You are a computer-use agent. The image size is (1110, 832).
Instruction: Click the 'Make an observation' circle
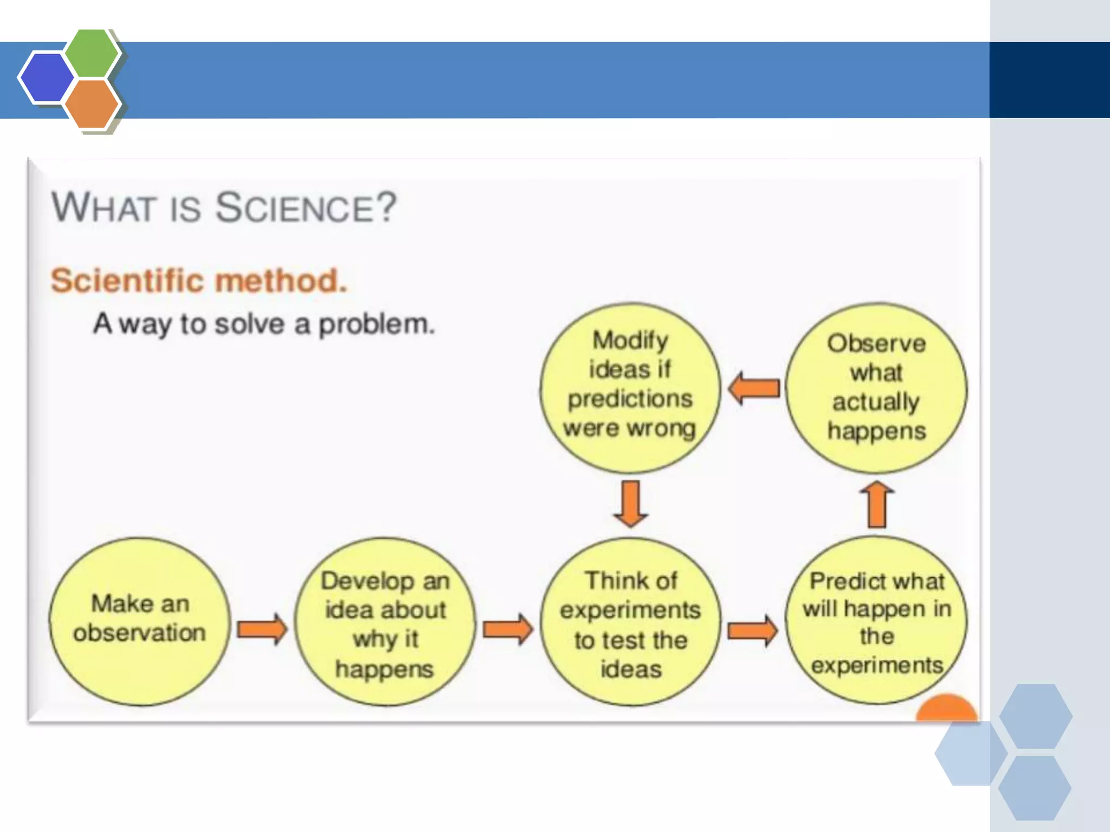(139, 621)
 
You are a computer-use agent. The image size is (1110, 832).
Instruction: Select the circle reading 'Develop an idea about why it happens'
(385, 622)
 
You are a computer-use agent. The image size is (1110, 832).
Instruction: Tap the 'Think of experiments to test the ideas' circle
(630, 622)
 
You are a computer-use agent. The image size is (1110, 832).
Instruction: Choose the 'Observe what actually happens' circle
(876, 388)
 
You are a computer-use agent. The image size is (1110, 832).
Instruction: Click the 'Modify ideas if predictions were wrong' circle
(630, 388)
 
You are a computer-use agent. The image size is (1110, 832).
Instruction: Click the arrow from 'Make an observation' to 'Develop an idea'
(262, 629)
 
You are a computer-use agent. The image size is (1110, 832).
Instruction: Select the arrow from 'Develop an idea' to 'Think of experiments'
(508, 629)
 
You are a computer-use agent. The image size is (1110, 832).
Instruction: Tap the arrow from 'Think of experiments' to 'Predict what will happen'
(752, 630)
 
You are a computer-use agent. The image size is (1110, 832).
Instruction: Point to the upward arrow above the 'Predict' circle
(877, 504)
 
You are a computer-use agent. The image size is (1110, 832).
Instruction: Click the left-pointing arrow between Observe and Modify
(753, 388)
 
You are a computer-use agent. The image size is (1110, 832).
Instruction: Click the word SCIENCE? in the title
(306, 208)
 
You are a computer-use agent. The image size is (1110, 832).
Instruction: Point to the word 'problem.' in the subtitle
(376, 324)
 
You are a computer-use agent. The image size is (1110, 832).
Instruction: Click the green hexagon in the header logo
(92, 54)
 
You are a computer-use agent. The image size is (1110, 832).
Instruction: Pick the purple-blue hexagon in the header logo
(46, 77)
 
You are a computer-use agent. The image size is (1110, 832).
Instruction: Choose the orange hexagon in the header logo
(92, 103)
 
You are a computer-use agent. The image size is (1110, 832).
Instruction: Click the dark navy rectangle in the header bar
(1049, 80)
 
